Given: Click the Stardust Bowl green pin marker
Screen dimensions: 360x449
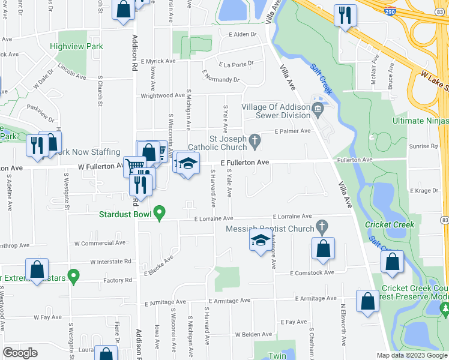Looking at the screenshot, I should click(159, 213).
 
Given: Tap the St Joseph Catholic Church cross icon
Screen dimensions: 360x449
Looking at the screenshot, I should click(255, 142).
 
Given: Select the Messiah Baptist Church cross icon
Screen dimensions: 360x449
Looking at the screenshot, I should click(322, 227).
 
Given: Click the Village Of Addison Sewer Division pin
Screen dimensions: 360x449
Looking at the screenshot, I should click(318, 108).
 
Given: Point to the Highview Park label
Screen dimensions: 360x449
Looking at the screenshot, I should click(77, 46).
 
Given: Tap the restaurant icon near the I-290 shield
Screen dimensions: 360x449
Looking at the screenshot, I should click(345, 16).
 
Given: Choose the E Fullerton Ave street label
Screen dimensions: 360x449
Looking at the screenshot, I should click(244, 163).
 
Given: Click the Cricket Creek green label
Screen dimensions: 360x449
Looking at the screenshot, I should click(390, 225).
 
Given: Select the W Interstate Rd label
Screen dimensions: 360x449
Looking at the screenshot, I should click(110, 262).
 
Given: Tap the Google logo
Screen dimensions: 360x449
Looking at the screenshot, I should click(20, 353).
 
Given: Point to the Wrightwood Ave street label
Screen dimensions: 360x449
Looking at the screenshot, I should click(162, 95).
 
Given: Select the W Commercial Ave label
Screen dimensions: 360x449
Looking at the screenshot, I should click(100, 243).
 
